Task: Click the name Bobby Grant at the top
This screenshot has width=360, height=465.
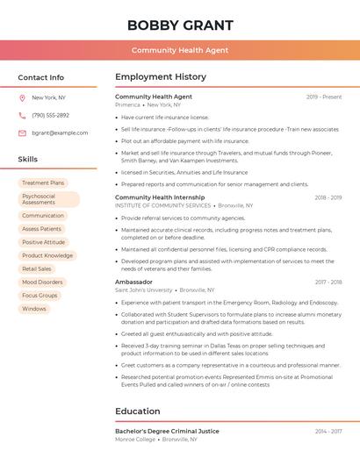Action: pos(180,25)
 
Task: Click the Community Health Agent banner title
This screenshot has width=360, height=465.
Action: pos(180,50)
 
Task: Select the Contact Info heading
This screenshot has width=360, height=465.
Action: pos(41,77)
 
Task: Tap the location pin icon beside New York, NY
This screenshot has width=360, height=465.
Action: pos(22,98)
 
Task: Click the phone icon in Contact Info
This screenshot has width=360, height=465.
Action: pos(22,115)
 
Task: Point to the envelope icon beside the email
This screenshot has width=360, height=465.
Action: pos(22,132)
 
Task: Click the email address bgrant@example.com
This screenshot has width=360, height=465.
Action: pos(60,132)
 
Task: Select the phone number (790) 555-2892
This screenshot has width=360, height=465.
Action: pos(50,115)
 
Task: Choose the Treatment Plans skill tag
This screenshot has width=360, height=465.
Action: pos(43,183)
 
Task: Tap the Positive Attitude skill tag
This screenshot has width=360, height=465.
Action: pos(43,242)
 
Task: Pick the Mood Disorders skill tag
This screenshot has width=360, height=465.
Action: pos(42,283)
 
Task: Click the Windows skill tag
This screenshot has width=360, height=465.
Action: pos(34,309)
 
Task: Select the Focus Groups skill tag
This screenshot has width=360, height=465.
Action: pos(40,296)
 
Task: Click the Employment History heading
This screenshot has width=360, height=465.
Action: pos(161,77)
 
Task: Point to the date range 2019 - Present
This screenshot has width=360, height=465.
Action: pos(324,97)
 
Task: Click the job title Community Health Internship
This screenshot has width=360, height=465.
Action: pos(160,197)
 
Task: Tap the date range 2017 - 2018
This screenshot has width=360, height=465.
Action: pos(328,283)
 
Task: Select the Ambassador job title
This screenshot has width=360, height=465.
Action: pos(133,282)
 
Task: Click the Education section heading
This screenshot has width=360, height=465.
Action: pos(138,411)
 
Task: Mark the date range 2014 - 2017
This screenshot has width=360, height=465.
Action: pos(328,432)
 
